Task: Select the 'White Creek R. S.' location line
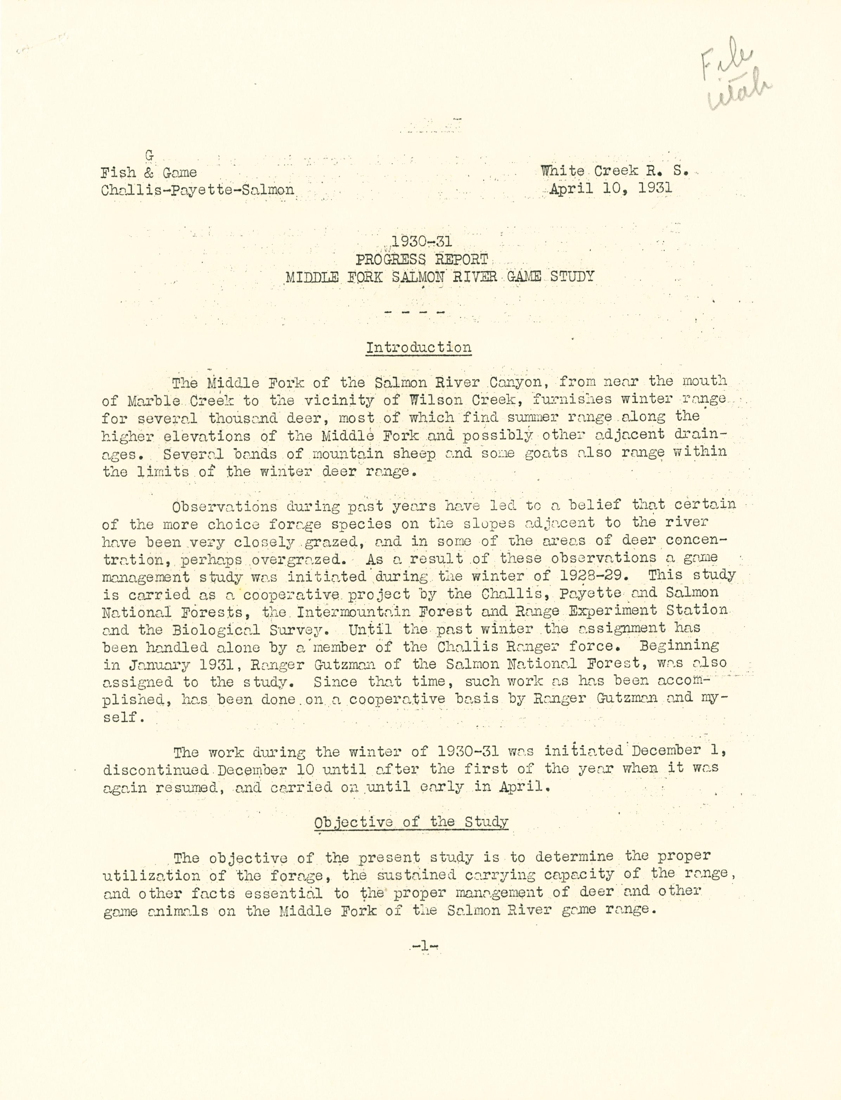[614, 171]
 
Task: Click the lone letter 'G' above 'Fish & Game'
[149, 156]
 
